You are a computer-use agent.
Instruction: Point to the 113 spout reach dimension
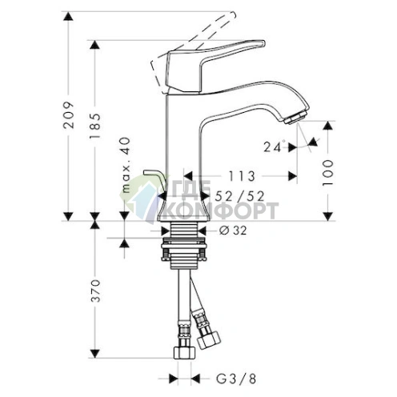coord(239,176)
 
